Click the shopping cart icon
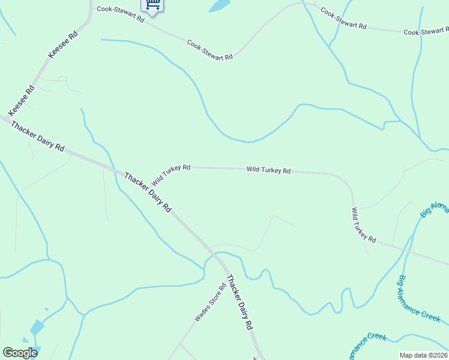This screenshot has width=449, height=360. click(x=152, y=5)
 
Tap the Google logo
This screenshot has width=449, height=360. click(x=20, y=353)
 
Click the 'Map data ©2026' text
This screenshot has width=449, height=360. click(x=423, y=355)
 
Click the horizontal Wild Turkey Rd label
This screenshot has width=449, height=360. click(x=268, y=170)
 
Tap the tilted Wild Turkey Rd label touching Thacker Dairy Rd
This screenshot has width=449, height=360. click(x=171, y=175)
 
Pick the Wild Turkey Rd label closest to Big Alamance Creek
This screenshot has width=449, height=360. click(x=363, y=225)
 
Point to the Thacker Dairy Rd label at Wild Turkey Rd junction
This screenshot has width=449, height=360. click(x=148, y=192)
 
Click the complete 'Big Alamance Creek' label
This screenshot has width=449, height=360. click(x=419, y=299)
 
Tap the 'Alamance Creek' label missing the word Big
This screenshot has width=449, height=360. click(x=366, y=344)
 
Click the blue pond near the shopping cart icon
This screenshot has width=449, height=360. click(x=220, y=6)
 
